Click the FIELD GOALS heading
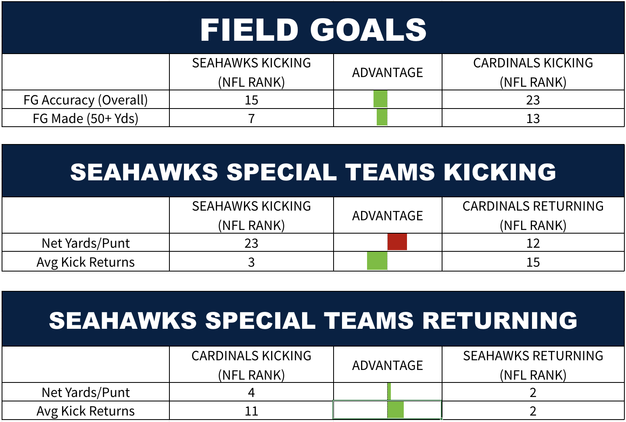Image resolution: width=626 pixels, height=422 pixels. [x=313, y=30]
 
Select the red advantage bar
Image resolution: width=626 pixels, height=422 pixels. [x=397, y=242]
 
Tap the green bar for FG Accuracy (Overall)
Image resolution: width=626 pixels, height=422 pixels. [x=380, y=99]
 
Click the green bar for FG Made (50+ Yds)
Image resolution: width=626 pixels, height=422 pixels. [x=382, y=117]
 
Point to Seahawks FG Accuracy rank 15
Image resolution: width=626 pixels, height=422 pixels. [x=251, y=100]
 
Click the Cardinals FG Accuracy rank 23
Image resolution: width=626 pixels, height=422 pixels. [x=533, y=100]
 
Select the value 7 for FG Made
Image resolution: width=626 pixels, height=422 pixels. [x=251, y=119]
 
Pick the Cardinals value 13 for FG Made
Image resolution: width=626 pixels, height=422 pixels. [x=533, y=119]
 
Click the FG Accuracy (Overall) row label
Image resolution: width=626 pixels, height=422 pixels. [x=86, y=100]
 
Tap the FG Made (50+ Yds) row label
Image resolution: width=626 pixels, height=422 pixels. [x=86, y=119]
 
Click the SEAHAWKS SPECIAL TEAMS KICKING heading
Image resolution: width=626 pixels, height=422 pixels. [x=313, y=172]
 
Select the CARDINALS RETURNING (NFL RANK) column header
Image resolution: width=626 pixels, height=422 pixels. [x=533, y=215]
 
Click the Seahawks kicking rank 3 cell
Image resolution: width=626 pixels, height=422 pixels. [x=251, y=262]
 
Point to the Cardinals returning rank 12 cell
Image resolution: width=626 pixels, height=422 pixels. [x=533, y=243]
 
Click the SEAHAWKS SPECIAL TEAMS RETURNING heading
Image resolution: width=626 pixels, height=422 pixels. [x=313, y=320]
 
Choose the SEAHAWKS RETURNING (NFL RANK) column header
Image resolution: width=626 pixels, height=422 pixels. [x=533, y=365]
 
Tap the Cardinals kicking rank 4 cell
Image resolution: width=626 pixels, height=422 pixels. [x=251, y=393]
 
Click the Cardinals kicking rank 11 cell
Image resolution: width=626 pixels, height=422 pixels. [x=251, y=411]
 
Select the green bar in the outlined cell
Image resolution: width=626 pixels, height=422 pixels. [x=396, y=410]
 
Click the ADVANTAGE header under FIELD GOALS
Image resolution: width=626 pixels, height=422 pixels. [x=387, y=72]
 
